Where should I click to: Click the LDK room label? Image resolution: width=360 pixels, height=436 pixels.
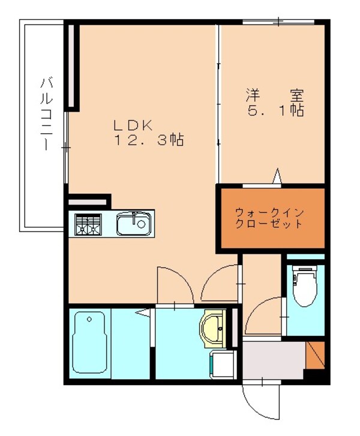(x=136, y=125)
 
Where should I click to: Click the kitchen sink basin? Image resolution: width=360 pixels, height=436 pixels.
(x=132, y=224)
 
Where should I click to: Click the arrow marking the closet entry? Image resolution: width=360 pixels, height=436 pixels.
(x=277, y=176)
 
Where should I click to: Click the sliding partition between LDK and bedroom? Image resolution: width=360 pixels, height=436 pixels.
(x=218, y=102)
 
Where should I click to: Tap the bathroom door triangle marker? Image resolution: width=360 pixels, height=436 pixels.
(x=143, y=311)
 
